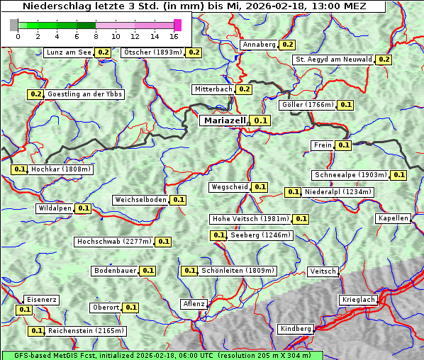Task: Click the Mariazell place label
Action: tap(224, 121)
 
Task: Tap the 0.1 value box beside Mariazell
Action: tap(261, 121)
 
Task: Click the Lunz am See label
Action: tap(68, 52)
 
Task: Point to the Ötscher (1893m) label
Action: tap(152, 52)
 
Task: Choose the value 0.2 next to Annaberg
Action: tap(287, 45)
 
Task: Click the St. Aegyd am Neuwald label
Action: tap(333, 60)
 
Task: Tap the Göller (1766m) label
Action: tap(307, 105)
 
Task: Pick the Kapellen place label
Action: tap(393, 218)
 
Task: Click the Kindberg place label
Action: tap(296, 329)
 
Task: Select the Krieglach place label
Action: tap(358, 300)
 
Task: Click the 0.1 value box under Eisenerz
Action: tap(24, 310)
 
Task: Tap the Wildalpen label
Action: tap(55, 208)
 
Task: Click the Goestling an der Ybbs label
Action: tap(84, 94)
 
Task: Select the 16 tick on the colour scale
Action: tap(174, 36)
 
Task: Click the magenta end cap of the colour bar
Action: tap(177, 25)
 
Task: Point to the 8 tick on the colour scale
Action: tap(96, 36)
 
